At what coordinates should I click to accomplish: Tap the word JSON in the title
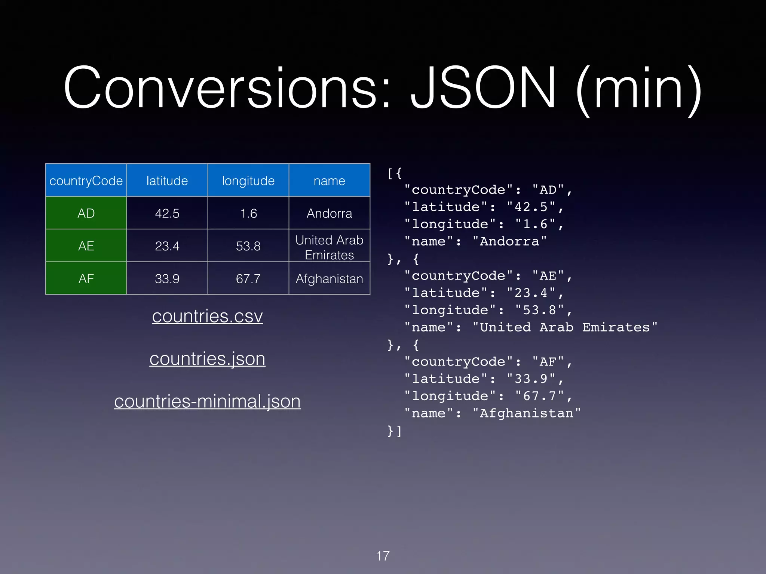(x=483, y=89)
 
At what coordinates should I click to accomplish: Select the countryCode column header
(x=86, y=181)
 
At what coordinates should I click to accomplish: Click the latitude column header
(x=167, y=181)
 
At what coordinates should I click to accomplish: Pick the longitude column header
(x=248, y=181)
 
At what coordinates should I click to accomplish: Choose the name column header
(x=329, y=181)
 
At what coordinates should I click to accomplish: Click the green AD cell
(x=86, y=213)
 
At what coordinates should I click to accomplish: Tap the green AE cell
(x=86, y=246)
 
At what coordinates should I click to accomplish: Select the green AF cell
(x=86, y=279)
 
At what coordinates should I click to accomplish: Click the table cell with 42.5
(x=167, y=213)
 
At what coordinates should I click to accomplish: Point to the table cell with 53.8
(x=248, y=246)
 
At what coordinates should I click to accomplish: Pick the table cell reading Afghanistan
(x=329, y=279)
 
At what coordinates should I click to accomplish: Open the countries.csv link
(x=207, y=317)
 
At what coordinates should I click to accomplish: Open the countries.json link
(x=207, y=359)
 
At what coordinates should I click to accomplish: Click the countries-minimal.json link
(x=207, y=402)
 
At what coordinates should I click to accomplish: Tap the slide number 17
(x=383, y=556)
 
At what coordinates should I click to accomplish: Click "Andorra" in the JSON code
(x=509, y=241)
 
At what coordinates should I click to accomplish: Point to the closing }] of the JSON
(x=394, y=431)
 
